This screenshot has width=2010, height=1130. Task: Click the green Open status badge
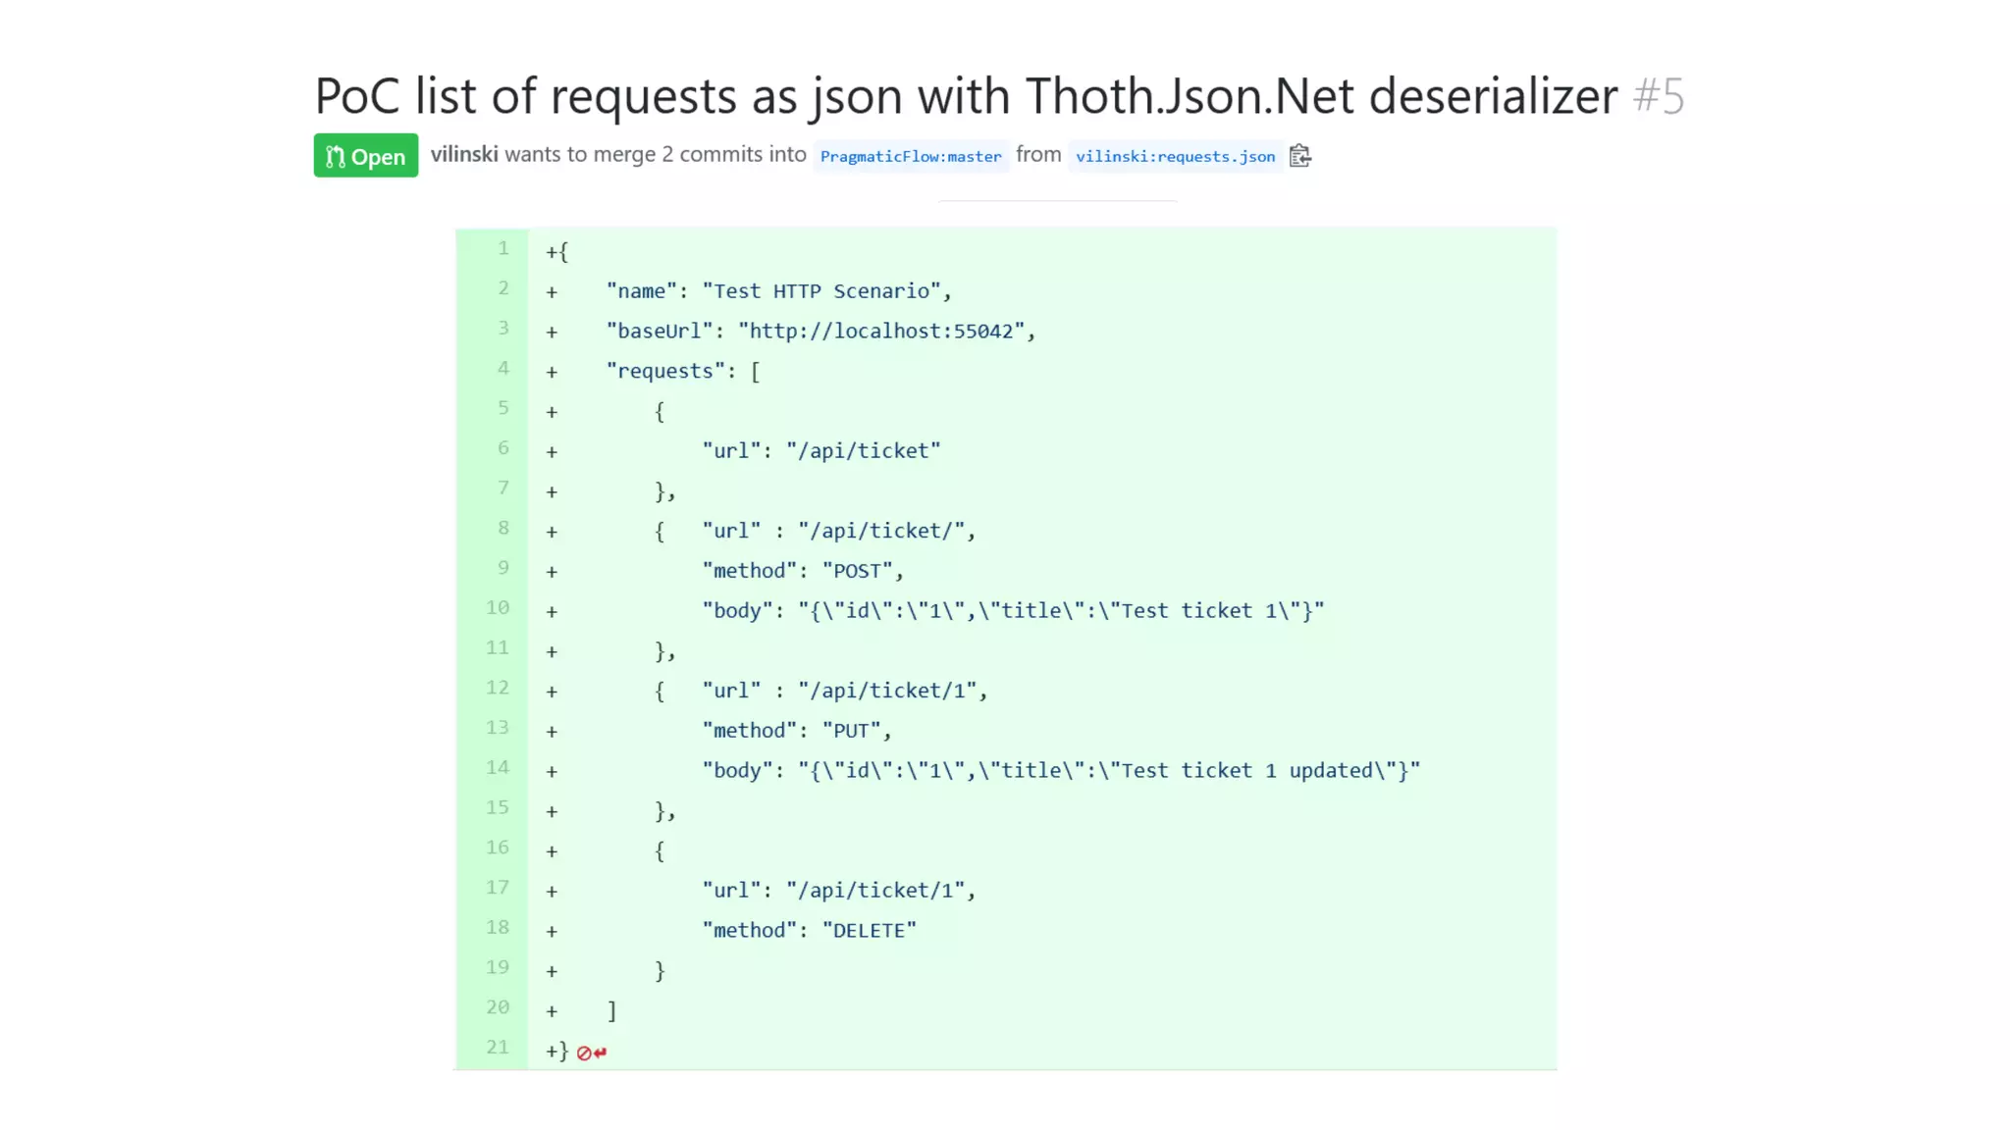365,156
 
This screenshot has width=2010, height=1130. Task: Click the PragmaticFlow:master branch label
911,156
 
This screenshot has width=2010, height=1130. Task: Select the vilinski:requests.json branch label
1175,156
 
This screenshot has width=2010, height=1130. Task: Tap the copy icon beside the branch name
1300,156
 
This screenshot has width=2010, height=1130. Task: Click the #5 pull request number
1659,96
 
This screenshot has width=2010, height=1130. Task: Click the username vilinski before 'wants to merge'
464,155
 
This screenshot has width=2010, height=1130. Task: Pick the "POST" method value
857,571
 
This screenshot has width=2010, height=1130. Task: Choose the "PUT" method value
851,731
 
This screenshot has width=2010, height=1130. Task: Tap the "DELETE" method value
869,931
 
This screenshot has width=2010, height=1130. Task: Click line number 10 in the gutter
498,608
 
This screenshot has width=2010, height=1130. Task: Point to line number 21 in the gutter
498,1048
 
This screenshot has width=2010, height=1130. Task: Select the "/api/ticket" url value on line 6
864,451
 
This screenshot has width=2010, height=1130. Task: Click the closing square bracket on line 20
611,1010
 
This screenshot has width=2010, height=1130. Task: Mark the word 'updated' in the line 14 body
1331,771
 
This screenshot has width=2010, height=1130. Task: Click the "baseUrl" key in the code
660,332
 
